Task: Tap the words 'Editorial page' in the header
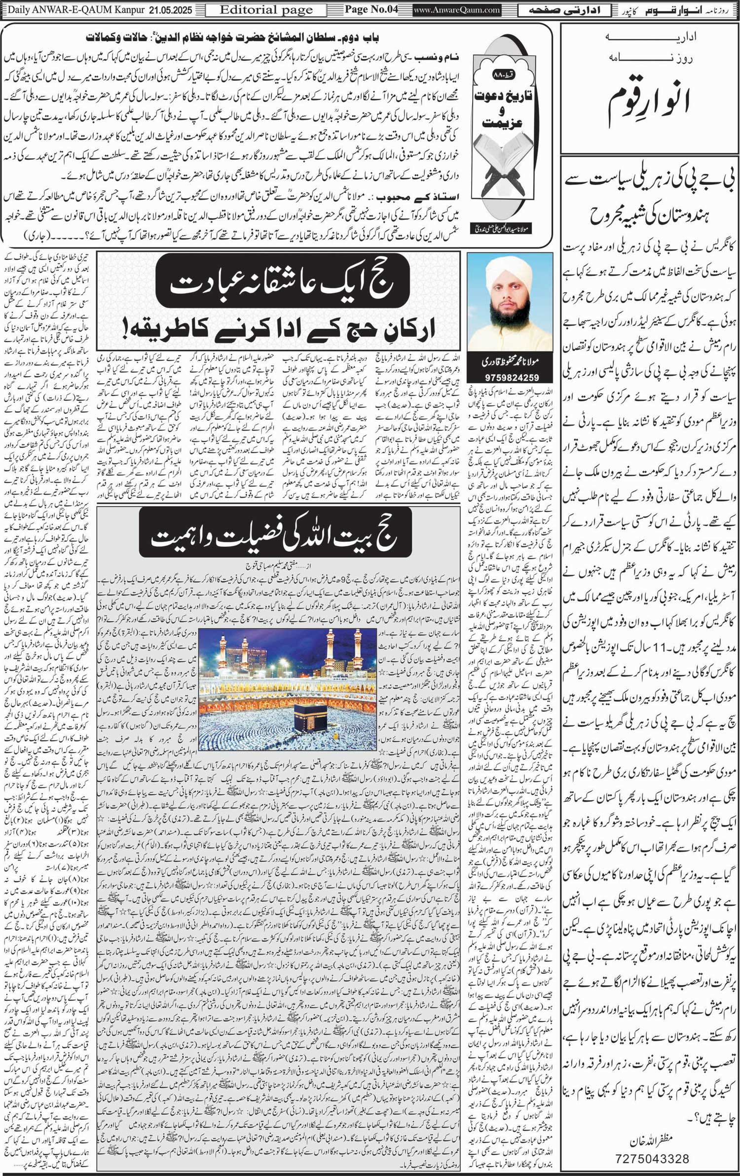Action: click(266, 10)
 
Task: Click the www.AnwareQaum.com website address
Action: click(450, 10)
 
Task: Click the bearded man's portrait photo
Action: click(510, 304)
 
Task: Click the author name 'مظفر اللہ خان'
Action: click(650, 1137)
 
